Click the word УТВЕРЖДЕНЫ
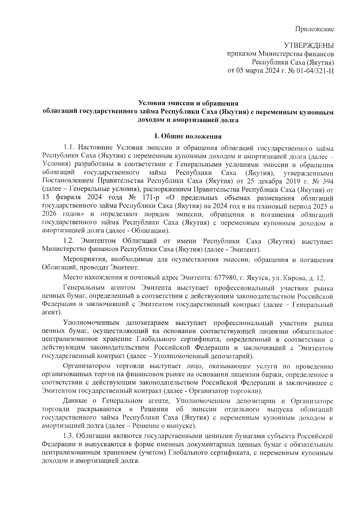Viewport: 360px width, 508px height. pyautogui.click(x=309, y=46)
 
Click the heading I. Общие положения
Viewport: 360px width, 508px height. pyautogui.click(x=188, y=137)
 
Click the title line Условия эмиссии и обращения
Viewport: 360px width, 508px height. pyautogui.click(x=188, y=103)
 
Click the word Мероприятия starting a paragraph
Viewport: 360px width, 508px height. pyautogui.click(x=84, y=260)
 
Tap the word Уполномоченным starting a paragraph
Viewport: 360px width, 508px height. pyautogui.click(x=91, y=323)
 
